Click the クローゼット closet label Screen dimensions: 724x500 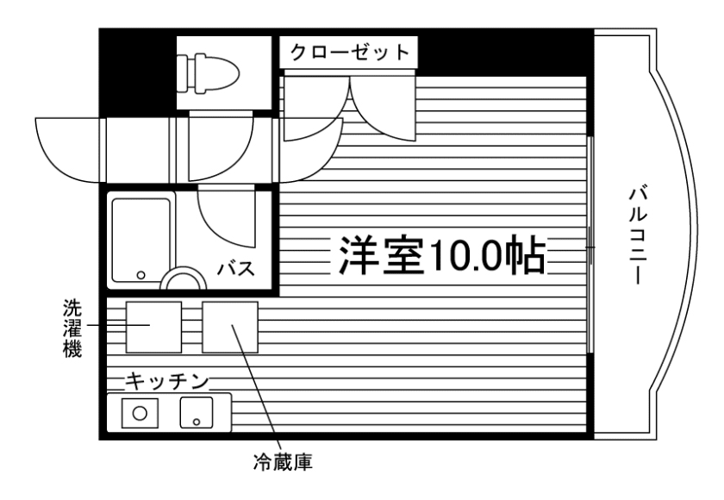pos(349,51)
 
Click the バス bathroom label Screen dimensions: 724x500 pos(234,268)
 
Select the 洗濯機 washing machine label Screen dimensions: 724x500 pos(72,328)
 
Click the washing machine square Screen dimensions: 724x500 pos(153,327)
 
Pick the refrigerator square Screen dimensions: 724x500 pos(230,327)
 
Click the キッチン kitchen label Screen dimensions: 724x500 pos(167,379)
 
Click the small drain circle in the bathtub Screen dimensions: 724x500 pos(140,277)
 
